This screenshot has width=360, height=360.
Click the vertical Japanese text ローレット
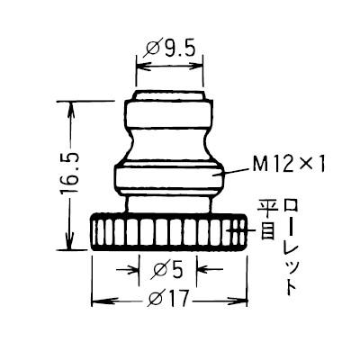click(x=289, y=247)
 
